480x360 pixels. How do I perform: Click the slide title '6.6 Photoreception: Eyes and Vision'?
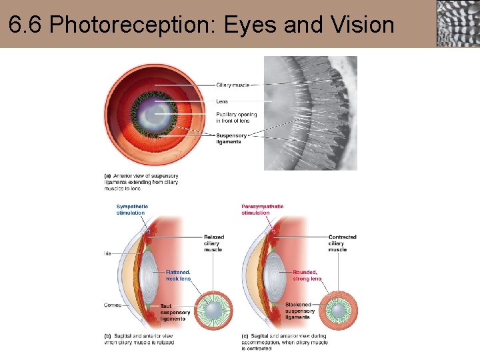point(201,25)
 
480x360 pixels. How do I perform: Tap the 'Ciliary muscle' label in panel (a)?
point(232,85)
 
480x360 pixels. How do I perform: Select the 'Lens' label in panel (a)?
point(222,101)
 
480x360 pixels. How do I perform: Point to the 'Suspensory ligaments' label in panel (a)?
point(231,139)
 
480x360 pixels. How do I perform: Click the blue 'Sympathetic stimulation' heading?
point(132,209)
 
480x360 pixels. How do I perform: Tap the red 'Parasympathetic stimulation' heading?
point(262,209)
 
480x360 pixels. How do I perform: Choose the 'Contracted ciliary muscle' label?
point(342,243)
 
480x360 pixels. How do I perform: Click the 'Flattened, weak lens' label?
point(178,275)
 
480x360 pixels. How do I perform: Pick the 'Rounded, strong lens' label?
point(307,275)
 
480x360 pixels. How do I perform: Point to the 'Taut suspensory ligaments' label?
point(175,312)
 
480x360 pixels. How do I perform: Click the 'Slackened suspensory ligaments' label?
point(300,312)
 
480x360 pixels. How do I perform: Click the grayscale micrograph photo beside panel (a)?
point(311,113)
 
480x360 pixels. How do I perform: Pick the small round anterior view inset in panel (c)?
point(340,311)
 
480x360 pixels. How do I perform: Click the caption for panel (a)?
point(141,181)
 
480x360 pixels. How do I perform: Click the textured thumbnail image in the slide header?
point(457,23)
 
